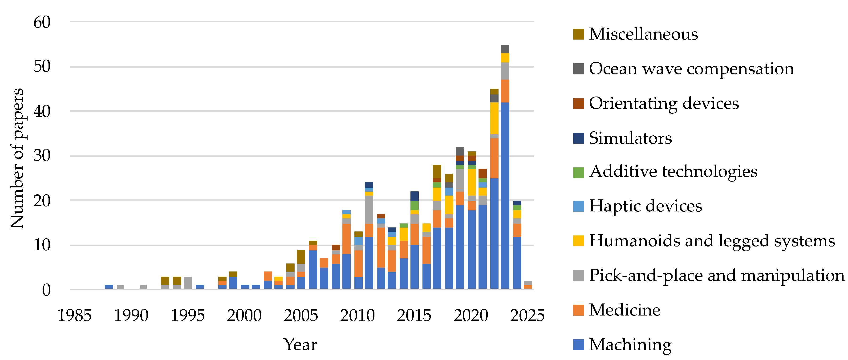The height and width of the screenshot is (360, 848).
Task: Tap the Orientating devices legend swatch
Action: (x=578, y=103)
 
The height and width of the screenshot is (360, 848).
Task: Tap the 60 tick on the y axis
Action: (x=42, y=22)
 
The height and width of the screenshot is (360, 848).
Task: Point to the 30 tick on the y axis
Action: (x=42, y=156)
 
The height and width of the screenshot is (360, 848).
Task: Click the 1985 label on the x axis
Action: (x=74, y=316)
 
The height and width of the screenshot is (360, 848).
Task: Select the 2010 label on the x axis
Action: (x=357, y=316)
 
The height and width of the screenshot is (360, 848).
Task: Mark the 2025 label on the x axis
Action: (x=527, y=316)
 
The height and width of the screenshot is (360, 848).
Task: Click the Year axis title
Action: (x=300, y=344)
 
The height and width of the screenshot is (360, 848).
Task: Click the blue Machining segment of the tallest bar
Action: (x=505, y=198)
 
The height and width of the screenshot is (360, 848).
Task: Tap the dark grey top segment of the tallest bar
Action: (x=505, y=49)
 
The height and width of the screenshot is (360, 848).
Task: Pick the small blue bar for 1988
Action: (x=109, y=287)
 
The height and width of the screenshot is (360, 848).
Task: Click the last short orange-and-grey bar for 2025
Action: (x=528, y=285)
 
